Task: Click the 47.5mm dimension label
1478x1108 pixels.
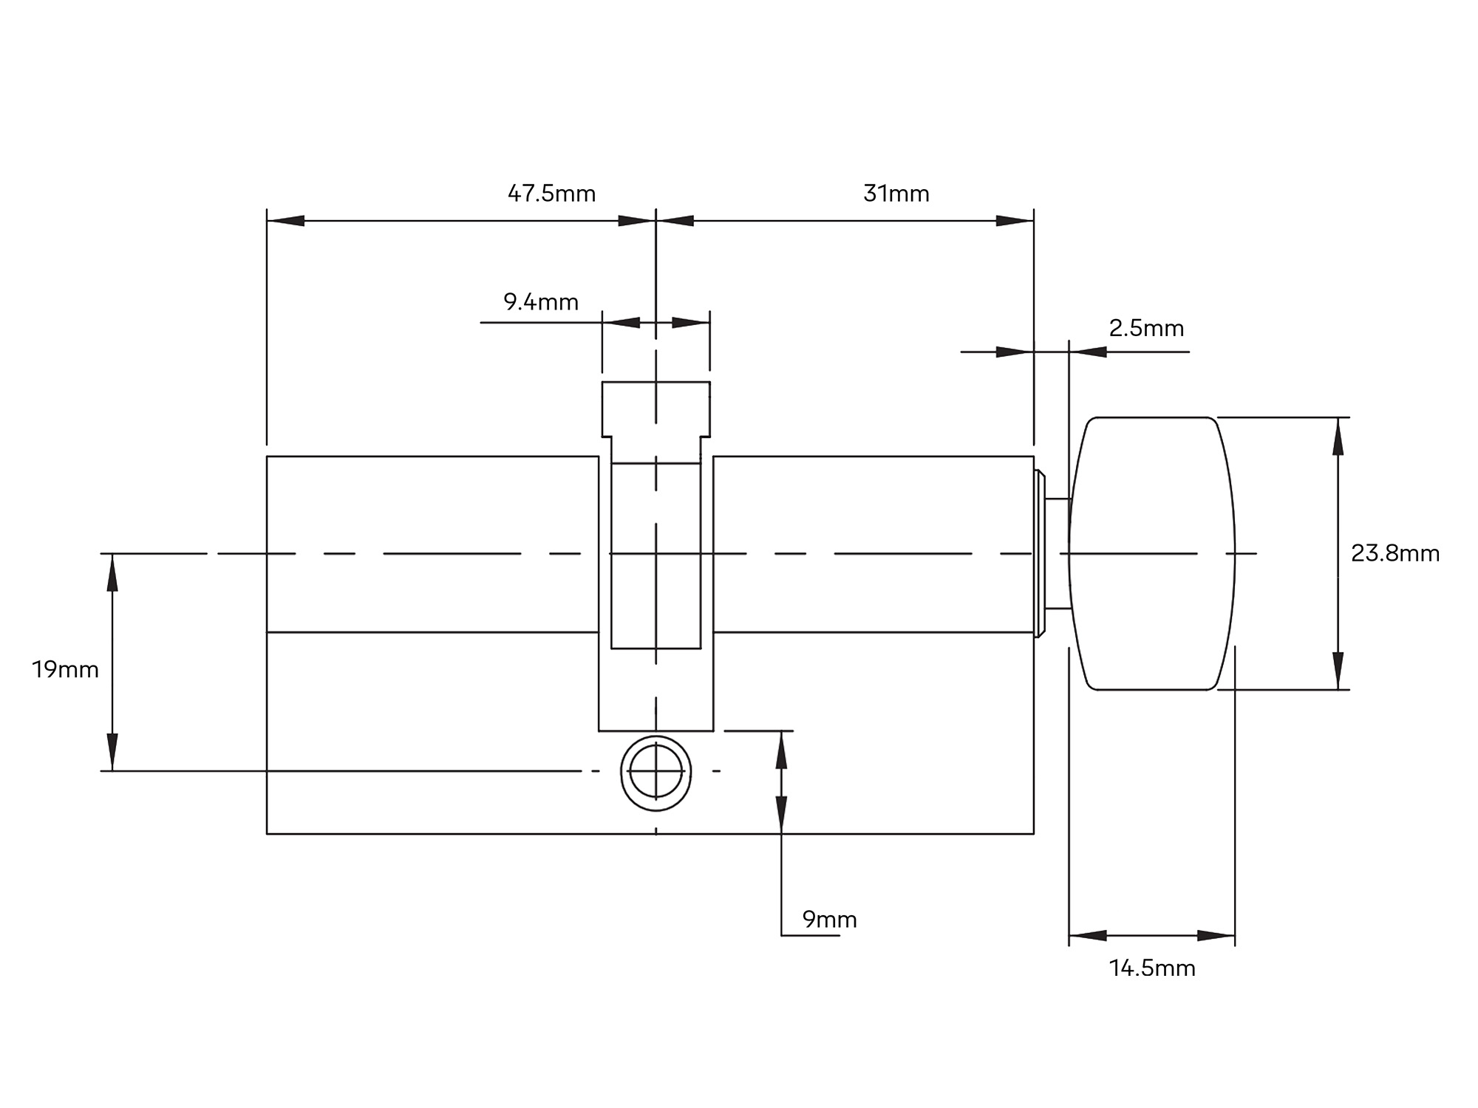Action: point(551,194)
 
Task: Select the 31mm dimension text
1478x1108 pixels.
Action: point(896,194)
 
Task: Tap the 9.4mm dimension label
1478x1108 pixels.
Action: point(540,302)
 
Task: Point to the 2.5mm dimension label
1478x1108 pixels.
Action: point(1146,328)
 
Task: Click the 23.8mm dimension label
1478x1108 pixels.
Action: point(1395,553)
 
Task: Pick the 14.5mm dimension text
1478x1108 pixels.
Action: point(1152,968)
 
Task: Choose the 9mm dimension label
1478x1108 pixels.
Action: point(830,920)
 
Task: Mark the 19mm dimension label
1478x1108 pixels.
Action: point(65,669)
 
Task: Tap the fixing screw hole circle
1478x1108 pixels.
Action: point(656,739)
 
